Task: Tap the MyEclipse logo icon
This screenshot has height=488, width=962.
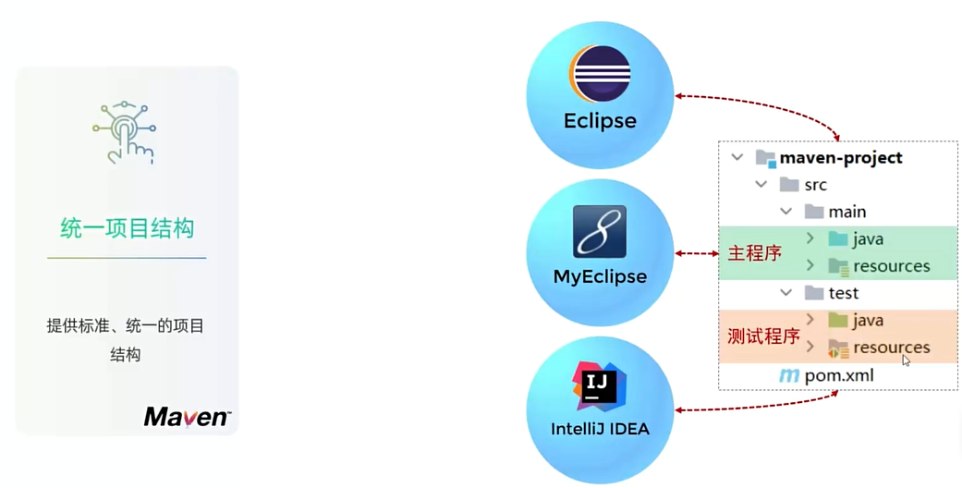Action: click(x=600, y=231)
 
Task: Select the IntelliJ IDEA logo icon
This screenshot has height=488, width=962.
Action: click(x=600, y=385)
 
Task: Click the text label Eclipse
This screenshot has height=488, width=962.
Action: click(x=600, y=121)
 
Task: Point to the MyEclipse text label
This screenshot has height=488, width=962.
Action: click(x=600, y=276)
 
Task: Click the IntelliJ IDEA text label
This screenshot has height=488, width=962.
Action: click(x=600, y=429)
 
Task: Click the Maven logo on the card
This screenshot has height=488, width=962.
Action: click(x=187, y=417)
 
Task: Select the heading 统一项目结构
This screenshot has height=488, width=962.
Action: click(x=127, y=228)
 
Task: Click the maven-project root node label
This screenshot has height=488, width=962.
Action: click(x=840, y=158)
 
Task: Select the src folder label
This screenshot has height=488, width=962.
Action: click(x=815, y=185)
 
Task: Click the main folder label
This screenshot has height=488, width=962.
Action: click(x=846, y=212)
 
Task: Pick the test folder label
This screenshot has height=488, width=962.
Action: click(x=843, y=293)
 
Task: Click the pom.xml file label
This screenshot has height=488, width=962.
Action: click(x=838, y=375)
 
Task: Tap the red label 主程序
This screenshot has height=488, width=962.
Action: click(x=755, y=253)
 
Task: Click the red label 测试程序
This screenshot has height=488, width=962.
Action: click(x=763, y=336)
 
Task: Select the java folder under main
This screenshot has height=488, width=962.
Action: click(x=868, y=239)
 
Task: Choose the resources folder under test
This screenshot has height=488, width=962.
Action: click(x=891, y=348)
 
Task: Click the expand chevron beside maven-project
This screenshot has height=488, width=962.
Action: click(x=737, y=158)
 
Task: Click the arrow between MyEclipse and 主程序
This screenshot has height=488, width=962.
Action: click(x=697, y=253)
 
